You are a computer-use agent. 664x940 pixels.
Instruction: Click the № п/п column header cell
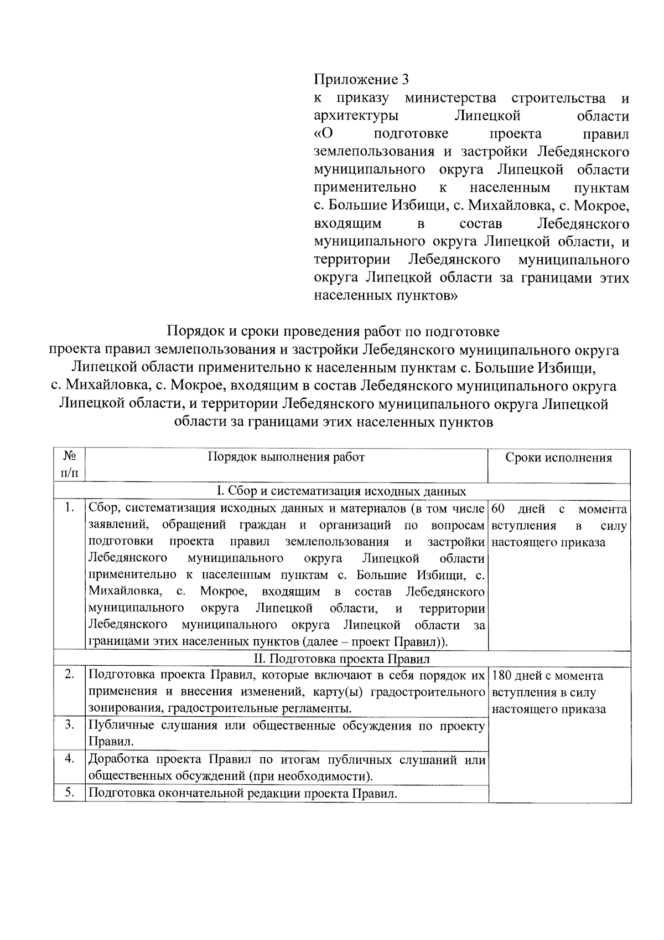[x=70, y=465]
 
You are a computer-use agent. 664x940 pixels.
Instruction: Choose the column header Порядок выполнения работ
[x=286, y=457]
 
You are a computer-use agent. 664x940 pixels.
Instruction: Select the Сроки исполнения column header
[x=559, y=458]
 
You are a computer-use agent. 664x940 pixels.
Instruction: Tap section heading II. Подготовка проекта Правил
[x=341, y=659]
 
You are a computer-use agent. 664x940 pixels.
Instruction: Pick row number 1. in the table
[x=70, y=508]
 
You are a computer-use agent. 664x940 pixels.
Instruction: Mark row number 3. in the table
[x=70, y=725]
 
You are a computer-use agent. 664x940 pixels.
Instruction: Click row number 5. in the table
[x=70, y=793]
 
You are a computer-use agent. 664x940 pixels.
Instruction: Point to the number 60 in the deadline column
[x=499, y=508]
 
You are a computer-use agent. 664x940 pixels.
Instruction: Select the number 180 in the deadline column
[x=502, y=676]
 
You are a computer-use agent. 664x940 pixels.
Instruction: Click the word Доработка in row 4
[x=118, y=759]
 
